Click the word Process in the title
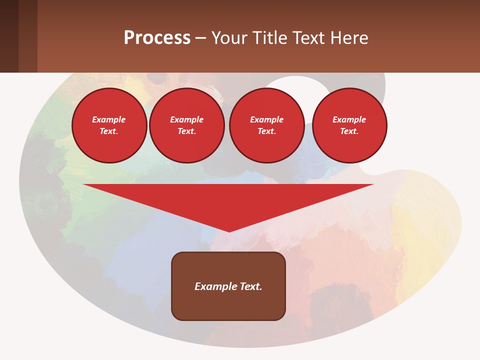[157, 38]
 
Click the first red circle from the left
[109, 125]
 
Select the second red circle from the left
[186, 125]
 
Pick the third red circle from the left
[266, 125]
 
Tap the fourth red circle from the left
[349, 125]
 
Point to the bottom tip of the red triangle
[229, 230]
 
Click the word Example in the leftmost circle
[109, 119]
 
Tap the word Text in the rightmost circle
[349, 131]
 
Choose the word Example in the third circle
[266, 119]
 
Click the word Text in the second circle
[186, 131]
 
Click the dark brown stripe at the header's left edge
[9, 36]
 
